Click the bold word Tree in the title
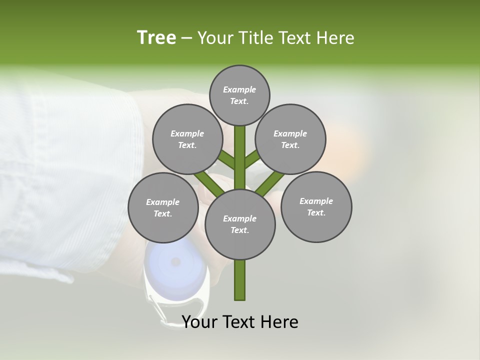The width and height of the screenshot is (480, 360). pos(156,38)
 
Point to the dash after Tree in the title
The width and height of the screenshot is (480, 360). pos(186,38)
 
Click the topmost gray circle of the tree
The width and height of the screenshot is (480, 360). pos(239,95)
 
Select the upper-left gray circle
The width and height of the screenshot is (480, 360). pos(187,139)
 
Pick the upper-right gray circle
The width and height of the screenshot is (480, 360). pos(290,139)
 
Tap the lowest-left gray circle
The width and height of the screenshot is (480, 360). pos(163,207)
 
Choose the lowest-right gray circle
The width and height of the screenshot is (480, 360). pos(316,206)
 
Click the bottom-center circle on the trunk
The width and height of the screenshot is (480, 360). pos(240,224)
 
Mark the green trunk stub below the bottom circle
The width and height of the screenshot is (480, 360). pos(240,280)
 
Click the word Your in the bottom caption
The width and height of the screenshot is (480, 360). pos(198,322)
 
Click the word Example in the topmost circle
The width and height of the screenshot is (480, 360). pos(239,90)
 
